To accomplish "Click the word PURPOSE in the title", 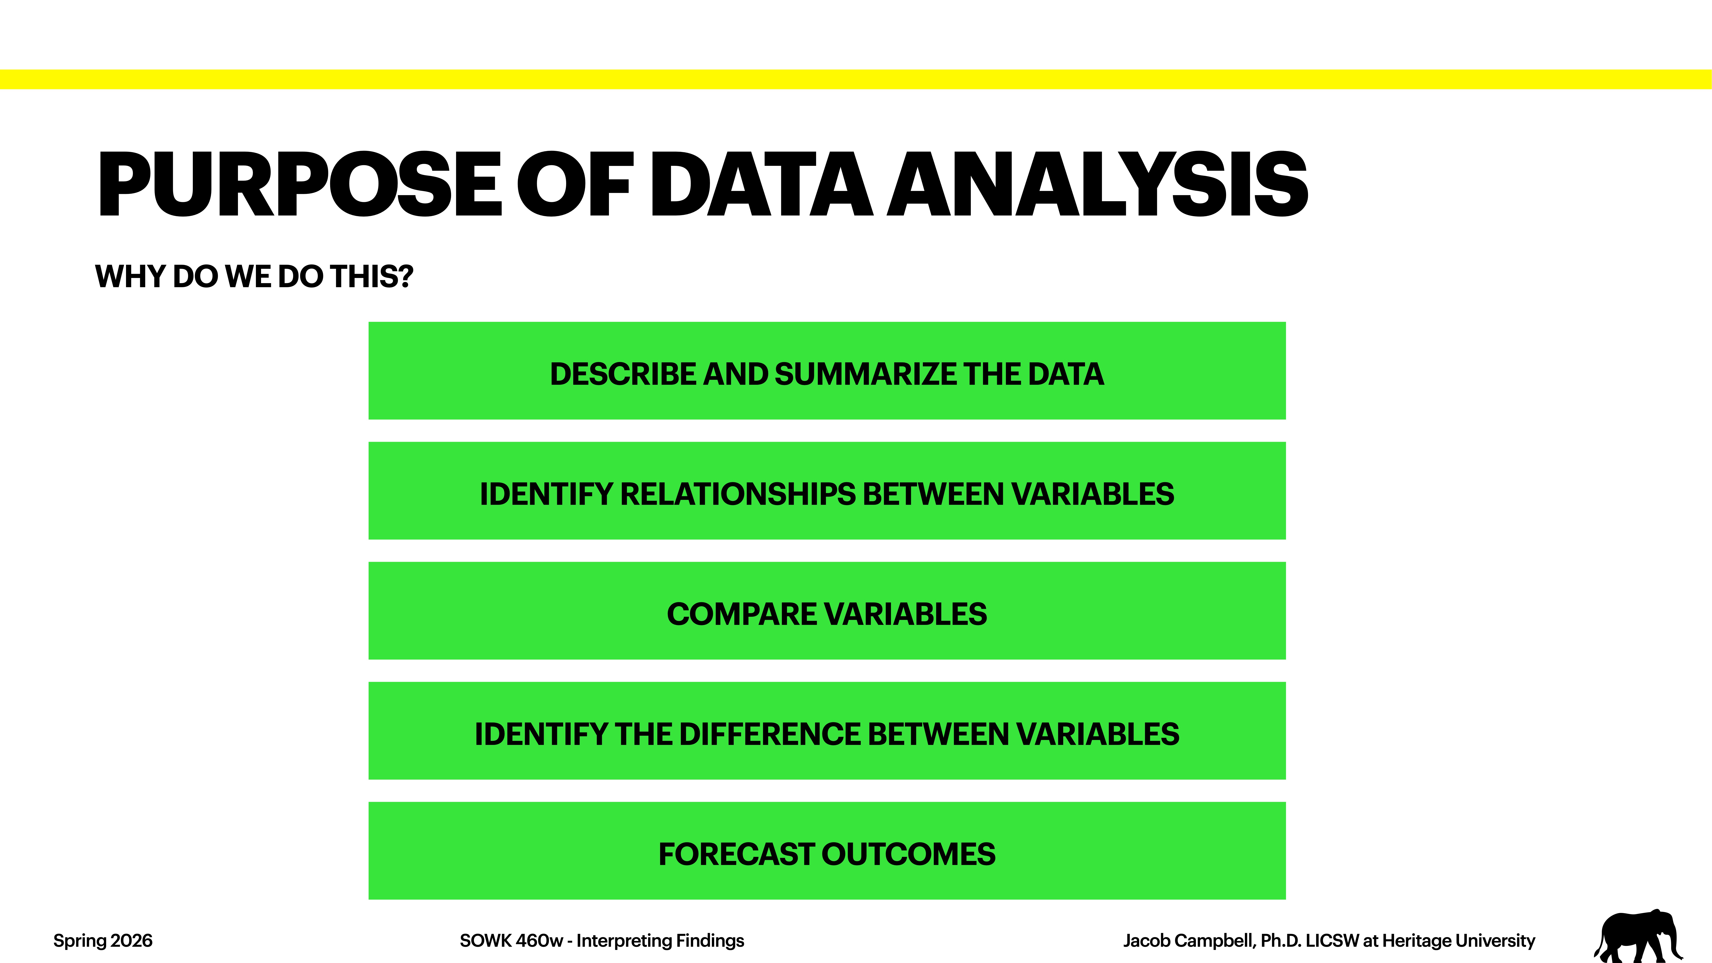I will (x=299, y=185).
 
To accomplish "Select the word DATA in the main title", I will (x=761, y=185).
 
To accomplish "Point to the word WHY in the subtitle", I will (x=130, y=276).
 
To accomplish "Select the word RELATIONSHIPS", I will (x=738, y=495).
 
